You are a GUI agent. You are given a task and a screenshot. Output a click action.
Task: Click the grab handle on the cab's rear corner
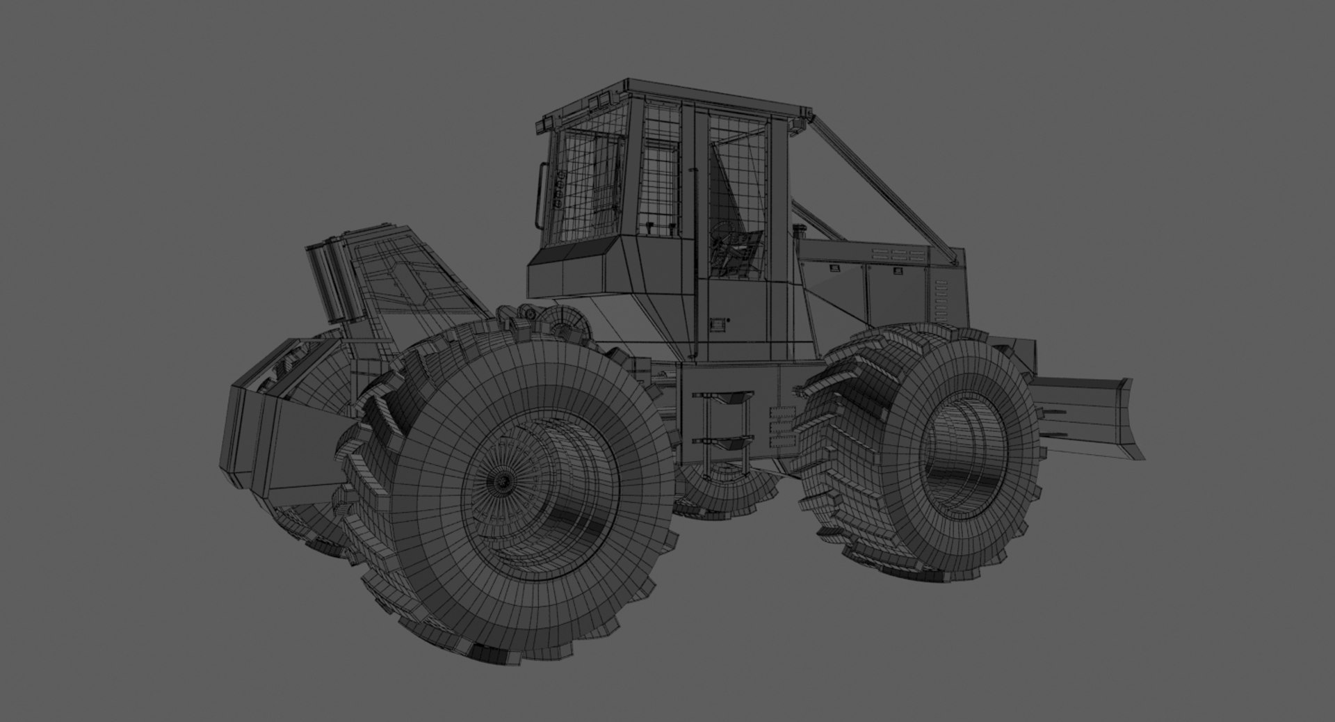pos(542,195)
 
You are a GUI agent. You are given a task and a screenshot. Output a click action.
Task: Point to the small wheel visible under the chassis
pos(723,487)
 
